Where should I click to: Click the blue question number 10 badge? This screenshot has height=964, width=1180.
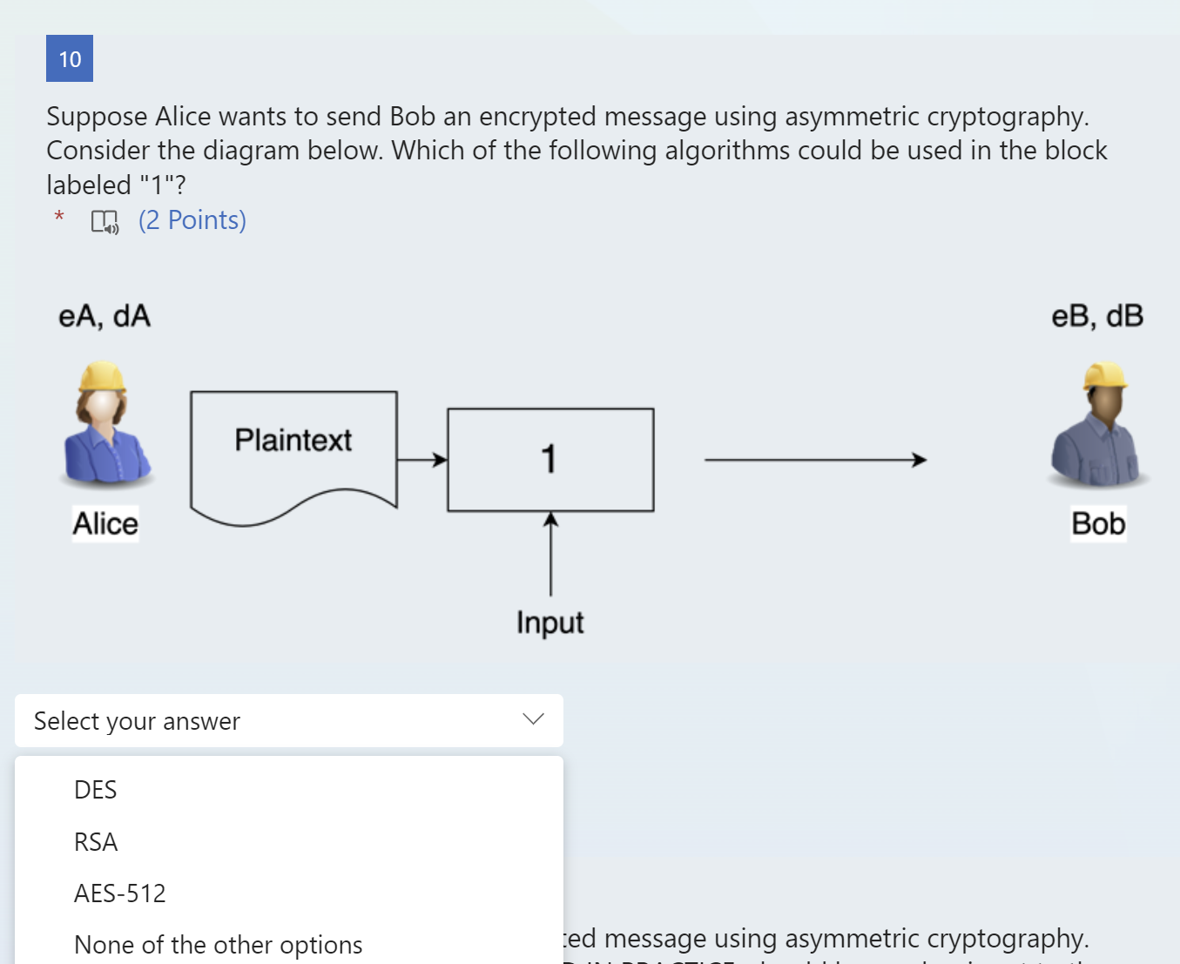[x=70, y=58]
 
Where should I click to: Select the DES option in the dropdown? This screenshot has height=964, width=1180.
[x=96, y=790]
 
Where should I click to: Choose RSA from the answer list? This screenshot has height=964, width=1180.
[x=96, y=842]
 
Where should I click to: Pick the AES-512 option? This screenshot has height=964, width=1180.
[x=120, y=893]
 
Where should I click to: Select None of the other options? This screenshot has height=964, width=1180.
[x=218, y=945]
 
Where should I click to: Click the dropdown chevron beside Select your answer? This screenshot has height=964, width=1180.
[x=533, y=719]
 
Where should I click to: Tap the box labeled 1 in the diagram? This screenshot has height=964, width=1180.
[x=550, y=459]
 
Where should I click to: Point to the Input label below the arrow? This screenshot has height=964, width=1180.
[x=550, y=623]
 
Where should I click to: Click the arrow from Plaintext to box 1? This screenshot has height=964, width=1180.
[x=421, y=460]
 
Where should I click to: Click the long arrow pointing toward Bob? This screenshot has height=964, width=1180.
[x=814, y=460]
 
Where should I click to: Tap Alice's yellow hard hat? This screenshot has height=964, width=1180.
[x=103, y=376]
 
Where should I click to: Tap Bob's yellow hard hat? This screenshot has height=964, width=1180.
[x=1105, y=375]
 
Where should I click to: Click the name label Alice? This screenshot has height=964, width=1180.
[x=105, y=523]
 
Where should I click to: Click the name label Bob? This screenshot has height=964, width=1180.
[x=1098, y=523]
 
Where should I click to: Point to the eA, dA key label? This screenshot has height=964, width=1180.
[x=105, y=316]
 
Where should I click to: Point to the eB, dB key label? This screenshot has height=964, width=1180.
[x=1097, y=316]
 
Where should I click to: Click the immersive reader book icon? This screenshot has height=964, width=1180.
[x=105, y=221]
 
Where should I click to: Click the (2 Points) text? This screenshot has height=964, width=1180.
[x=192, y=220]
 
